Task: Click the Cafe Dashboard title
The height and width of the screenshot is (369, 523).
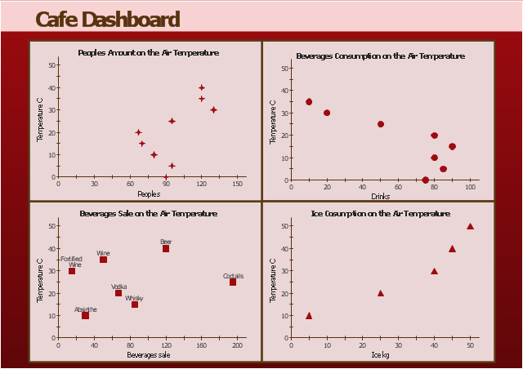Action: point(108,20)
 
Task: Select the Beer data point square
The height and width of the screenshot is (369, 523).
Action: point(166,249)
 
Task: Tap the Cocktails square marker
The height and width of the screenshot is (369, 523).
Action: point(233,282)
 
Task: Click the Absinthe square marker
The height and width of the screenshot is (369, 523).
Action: point(85,315)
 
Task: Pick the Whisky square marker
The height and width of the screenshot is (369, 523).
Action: point(135,305)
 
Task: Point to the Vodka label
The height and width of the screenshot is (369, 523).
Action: point(118,287)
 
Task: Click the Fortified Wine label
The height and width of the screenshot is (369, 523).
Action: point(72,261)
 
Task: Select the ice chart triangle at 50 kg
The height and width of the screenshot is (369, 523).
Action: point(470,226)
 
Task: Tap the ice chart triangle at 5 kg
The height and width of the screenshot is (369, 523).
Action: point(309,315)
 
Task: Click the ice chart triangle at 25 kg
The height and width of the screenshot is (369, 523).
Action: point(380,293)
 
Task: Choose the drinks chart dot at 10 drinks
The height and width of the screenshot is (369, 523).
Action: point(309,102)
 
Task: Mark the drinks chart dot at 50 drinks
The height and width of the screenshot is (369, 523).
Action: point(381,124)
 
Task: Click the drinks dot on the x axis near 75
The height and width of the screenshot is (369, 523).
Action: point(425,180)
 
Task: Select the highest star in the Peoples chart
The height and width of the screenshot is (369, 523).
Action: point(202,87)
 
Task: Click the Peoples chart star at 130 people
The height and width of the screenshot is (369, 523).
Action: point(213,109)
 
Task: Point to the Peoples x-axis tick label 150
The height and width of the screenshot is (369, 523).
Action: point(238,184)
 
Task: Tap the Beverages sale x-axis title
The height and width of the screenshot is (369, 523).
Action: point(149,355)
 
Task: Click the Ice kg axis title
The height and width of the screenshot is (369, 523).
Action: point(381,355)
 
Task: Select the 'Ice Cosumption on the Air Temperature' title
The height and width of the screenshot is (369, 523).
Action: point(381,213)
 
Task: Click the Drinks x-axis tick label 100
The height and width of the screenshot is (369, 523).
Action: point(470,187)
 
